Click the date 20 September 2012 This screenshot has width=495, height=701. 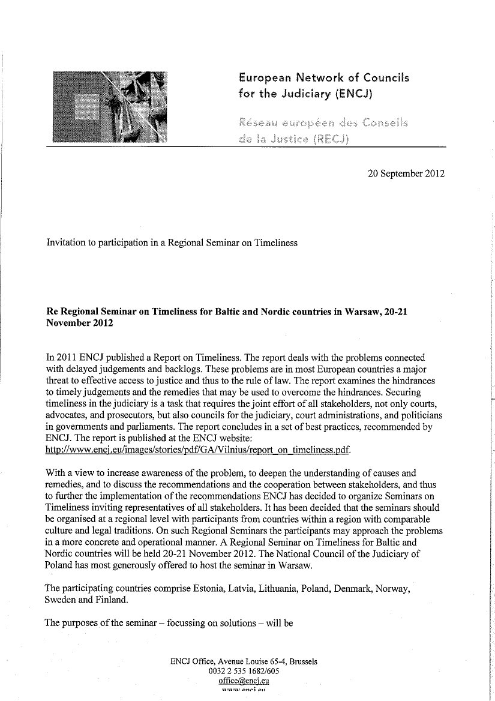[406, 175]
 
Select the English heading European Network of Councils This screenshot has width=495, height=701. [324, 77]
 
